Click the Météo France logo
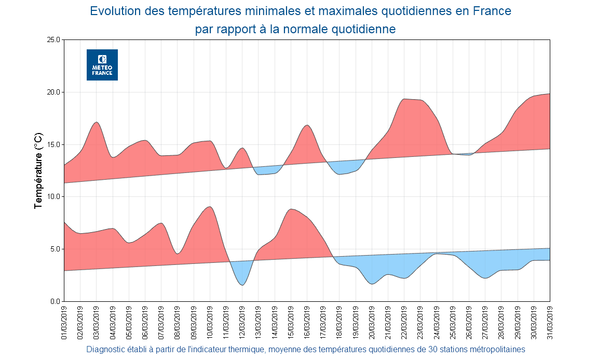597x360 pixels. [x=102, y=65]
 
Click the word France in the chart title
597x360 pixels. [x=492, y=11]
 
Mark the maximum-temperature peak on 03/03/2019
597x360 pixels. [x=97, y=123]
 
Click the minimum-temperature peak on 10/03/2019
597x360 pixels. [x=209, y=207]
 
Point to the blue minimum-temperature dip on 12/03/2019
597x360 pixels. [x=242, y=284]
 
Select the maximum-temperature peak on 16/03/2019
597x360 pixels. [x=307, y=126]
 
